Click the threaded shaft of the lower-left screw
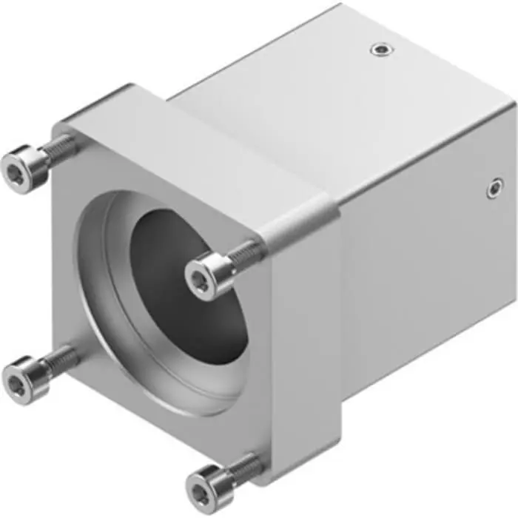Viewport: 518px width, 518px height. click(x=59, y=360)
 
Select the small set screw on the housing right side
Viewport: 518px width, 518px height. click(x=494, y=189)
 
